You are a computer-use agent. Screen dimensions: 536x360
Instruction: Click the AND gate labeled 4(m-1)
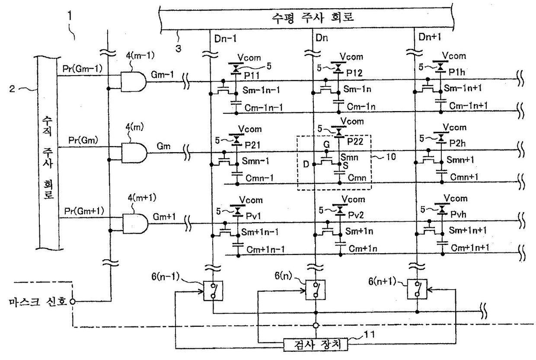[x=133, y=82]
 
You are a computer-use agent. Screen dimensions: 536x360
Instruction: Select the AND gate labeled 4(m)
[x=134, y=153]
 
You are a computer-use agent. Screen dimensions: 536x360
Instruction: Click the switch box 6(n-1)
[x=213, y=291]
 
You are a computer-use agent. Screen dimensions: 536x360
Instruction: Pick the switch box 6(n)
[x=316, y=290]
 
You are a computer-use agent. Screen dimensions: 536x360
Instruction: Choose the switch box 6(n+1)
[x=417, y=289]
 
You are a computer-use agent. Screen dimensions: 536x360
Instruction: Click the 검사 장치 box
[x=316, y=344]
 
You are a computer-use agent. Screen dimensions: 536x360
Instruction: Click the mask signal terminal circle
[x=72, y=301]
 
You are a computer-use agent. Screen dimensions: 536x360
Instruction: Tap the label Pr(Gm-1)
[x=82, y=69]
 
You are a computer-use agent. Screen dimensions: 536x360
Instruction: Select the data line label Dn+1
[x=430, y=37]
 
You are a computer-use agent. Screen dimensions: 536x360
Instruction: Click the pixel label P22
[x=355, y=142]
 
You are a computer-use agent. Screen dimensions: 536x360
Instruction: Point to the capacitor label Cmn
[x=357, y=178]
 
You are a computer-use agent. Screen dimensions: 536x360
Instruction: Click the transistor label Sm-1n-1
[x=261, y=90]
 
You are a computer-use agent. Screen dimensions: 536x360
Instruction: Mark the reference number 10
[x=391, y=157]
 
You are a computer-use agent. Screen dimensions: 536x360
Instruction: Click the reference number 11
[x=369, y=335]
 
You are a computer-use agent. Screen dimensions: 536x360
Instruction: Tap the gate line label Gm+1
[x=164, y=217]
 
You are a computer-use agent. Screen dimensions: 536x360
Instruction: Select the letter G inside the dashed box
[x=326, y=144]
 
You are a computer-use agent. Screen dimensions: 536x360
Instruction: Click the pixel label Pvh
[x=458, y=214]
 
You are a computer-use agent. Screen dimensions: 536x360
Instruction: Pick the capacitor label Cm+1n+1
[x=470, y=248]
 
